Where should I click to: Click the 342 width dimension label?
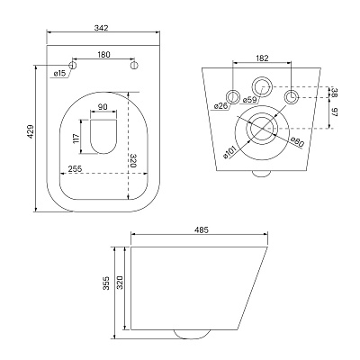(x=101, y=28)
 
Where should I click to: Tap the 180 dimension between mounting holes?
(x=103, y=55)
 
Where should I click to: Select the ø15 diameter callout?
(x=59, y=74)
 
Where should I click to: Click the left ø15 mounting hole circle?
(x=73, y=65)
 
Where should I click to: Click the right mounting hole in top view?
(x=134, y=65)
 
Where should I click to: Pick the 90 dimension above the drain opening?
(x=103, y=107)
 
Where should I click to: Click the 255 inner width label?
(x=75, y=168)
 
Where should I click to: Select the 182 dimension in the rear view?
(x=263, y=58)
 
